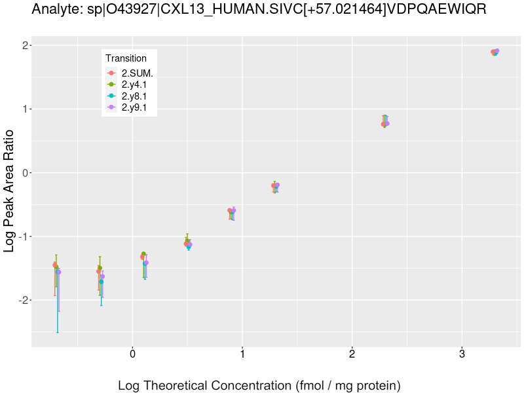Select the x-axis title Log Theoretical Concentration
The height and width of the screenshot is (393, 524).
click(259, 385)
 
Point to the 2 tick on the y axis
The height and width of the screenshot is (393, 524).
click(24, 45)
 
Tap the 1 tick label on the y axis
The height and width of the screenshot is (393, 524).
click(24, 109)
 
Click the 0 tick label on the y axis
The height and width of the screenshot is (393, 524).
click(24, 172)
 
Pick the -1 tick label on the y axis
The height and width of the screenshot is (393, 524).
click(22, 236)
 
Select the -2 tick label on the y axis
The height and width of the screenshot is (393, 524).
click(22, 300)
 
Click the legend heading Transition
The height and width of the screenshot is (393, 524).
click(126, 58)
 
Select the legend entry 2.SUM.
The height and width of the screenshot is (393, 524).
click(137, 73)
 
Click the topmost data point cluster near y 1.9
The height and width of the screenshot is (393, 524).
click(495, 52)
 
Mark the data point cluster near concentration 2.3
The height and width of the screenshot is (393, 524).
click(385, 123)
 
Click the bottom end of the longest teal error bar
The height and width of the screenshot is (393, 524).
click(58, 332)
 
